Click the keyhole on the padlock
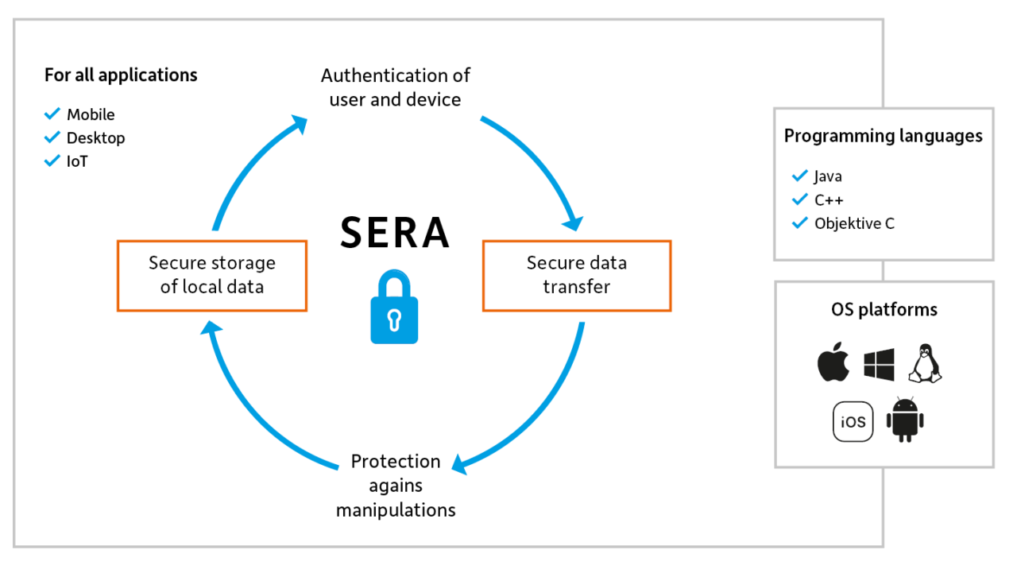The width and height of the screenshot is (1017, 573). (x=394, y=319)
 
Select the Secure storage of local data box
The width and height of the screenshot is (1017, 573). (x=211, y=275)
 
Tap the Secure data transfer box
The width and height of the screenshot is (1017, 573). (x=577, y=275)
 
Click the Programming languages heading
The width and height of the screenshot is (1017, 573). (x=883, y=136)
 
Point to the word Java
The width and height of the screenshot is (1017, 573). (x=828, y=176)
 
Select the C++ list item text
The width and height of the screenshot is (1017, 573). (x=829, y=200)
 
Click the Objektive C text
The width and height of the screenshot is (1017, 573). (x=854, y=224)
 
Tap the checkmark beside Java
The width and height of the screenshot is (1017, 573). (x=799, y=176)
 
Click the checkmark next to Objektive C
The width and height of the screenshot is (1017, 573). (x=799, y=223)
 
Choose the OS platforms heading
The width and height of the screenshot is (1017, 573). (x=884, y=309)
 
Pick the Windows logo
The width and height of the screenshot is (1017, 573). (x=880, y=365)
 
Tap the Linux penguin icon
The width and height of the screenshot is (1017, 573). (x=925, y=364)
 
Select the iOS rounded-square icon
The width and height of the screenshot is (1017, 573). (x=853, y=422)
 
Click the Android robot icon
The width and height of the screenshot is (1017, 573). (x=904, y=419)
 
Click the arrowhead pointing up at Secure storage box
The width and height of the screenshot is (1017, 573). (x=209, y=328)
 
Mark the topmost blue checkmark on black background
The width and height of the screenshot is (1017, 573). (x=52, y=114)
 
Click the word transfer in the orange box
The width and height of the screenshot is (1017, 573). (x=577, y=287)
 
